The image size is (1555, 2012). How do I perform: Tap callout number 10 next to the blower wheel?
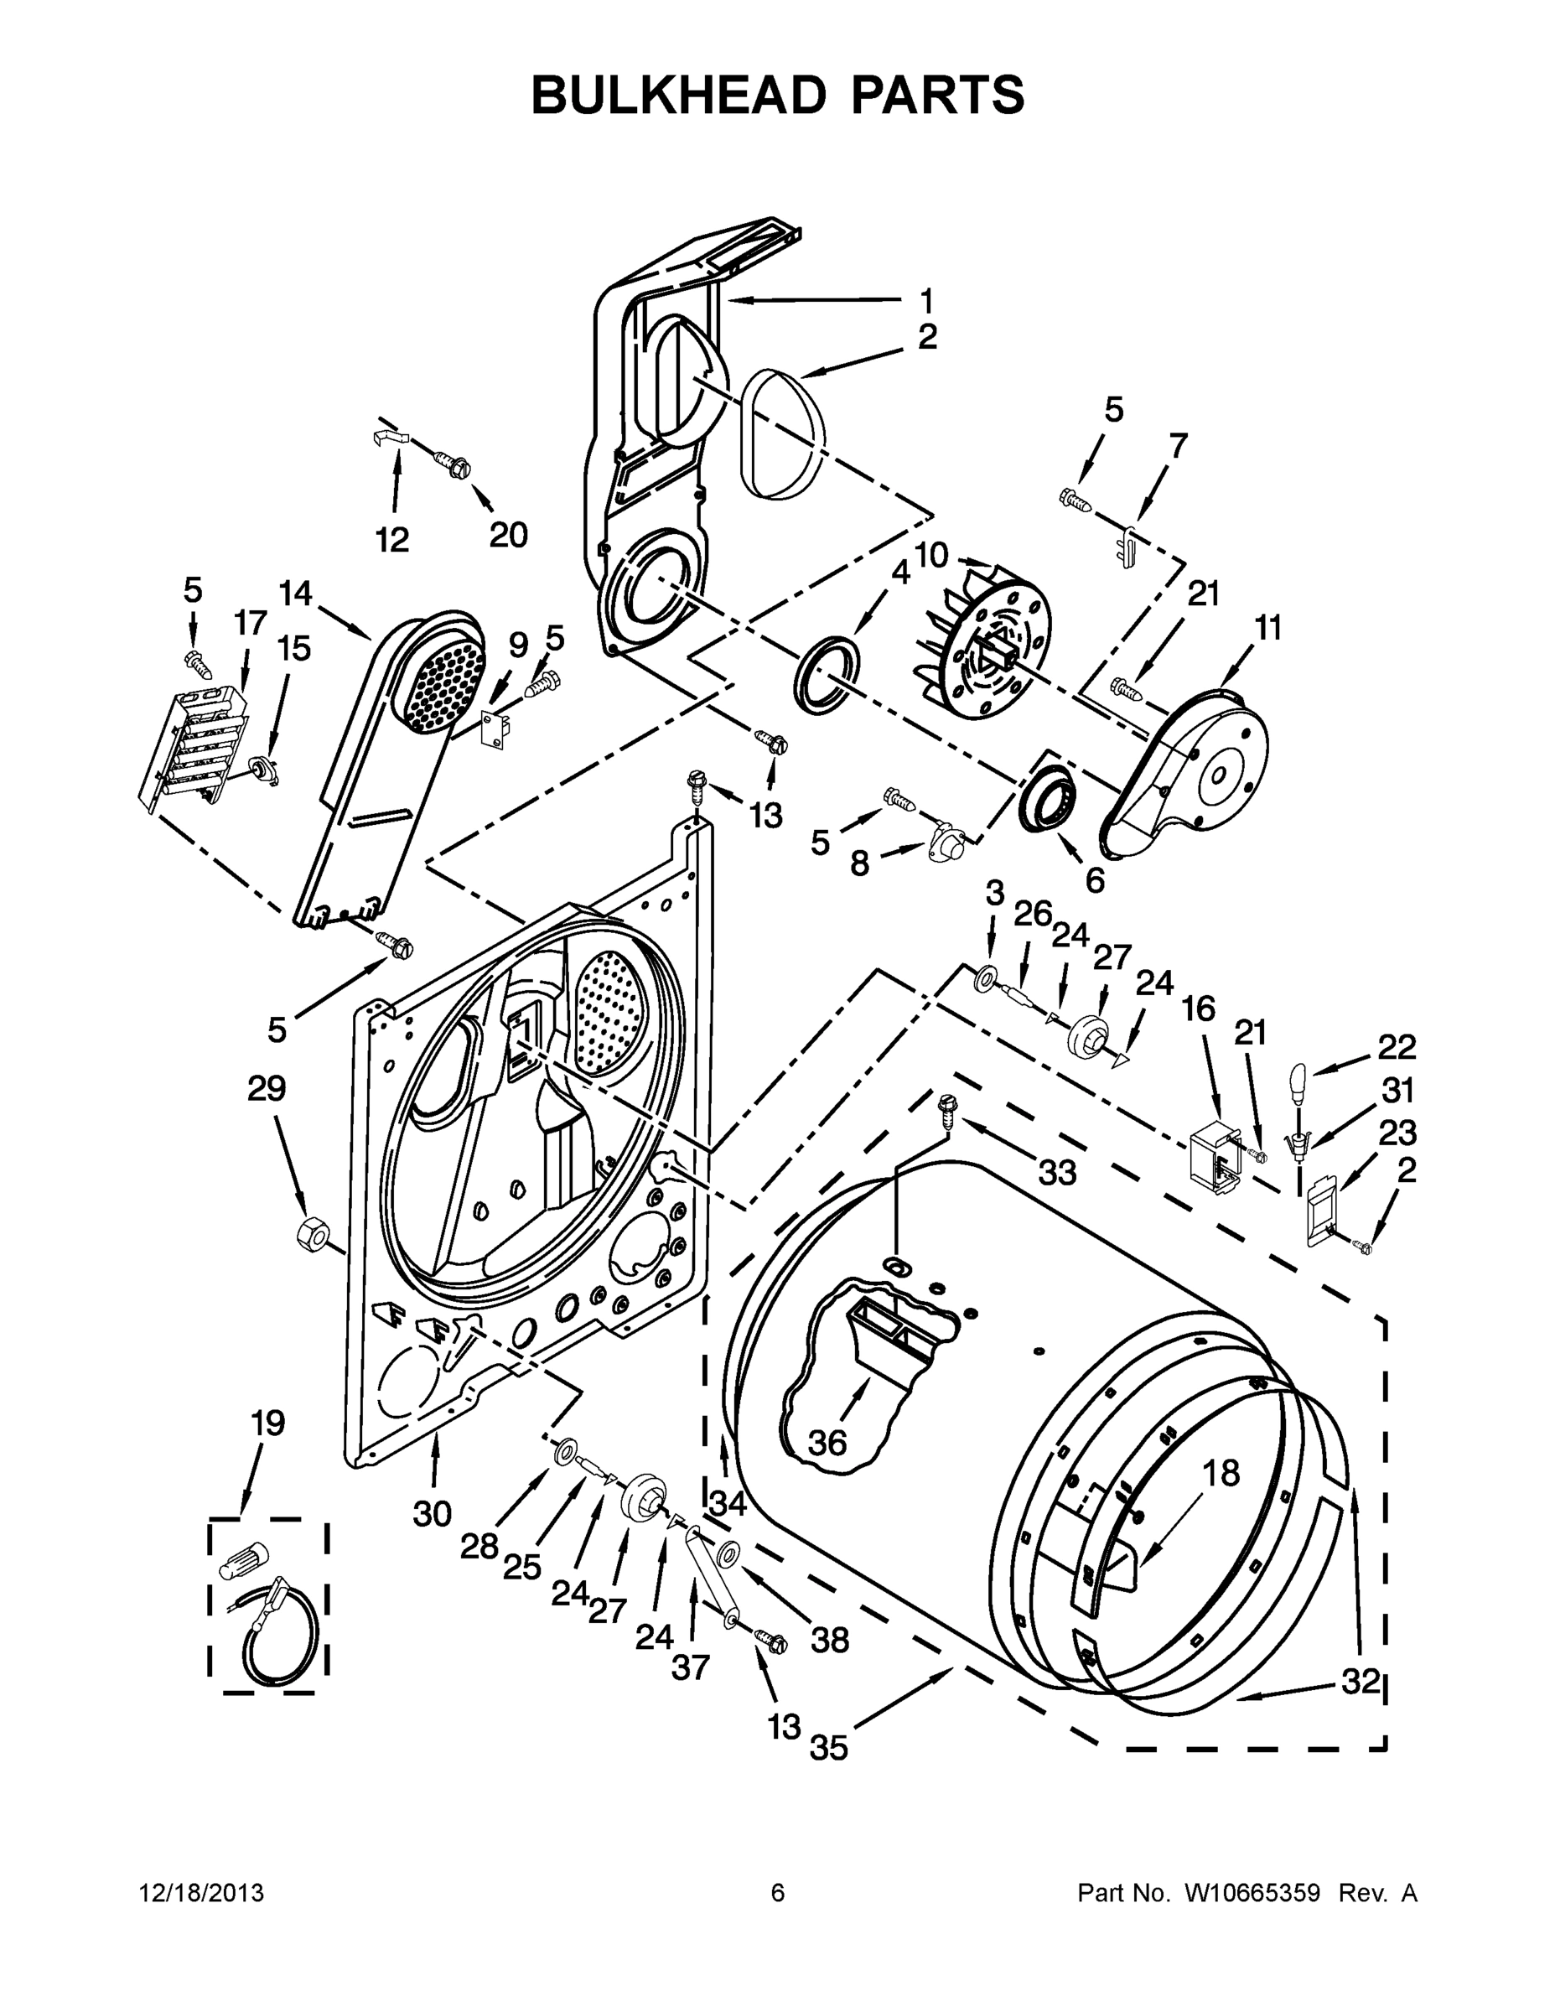[x=931, y=555]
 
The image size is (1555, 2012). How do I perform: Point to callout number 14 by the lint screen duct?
[x=296, y=594]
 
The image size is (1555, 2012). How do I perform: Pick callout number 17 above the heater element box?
[x=250, y=624]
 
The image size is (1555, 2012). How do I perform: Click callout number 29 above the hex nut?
[x=267, y=1089]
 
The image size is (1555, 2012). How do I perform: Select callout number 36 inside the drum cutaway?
[x=827, y=1443]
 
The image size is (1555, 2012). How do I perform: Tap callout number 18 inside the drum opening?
[x=1221, y=1474]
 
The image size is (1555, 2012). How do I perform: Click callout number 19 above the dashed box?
[x=267, y=1423]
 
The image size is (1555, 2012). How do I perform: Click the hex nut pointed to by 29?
[x=310, y=1232]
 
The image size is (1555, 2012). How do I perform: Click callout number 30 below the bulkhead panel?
[x=432, y=1512]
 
